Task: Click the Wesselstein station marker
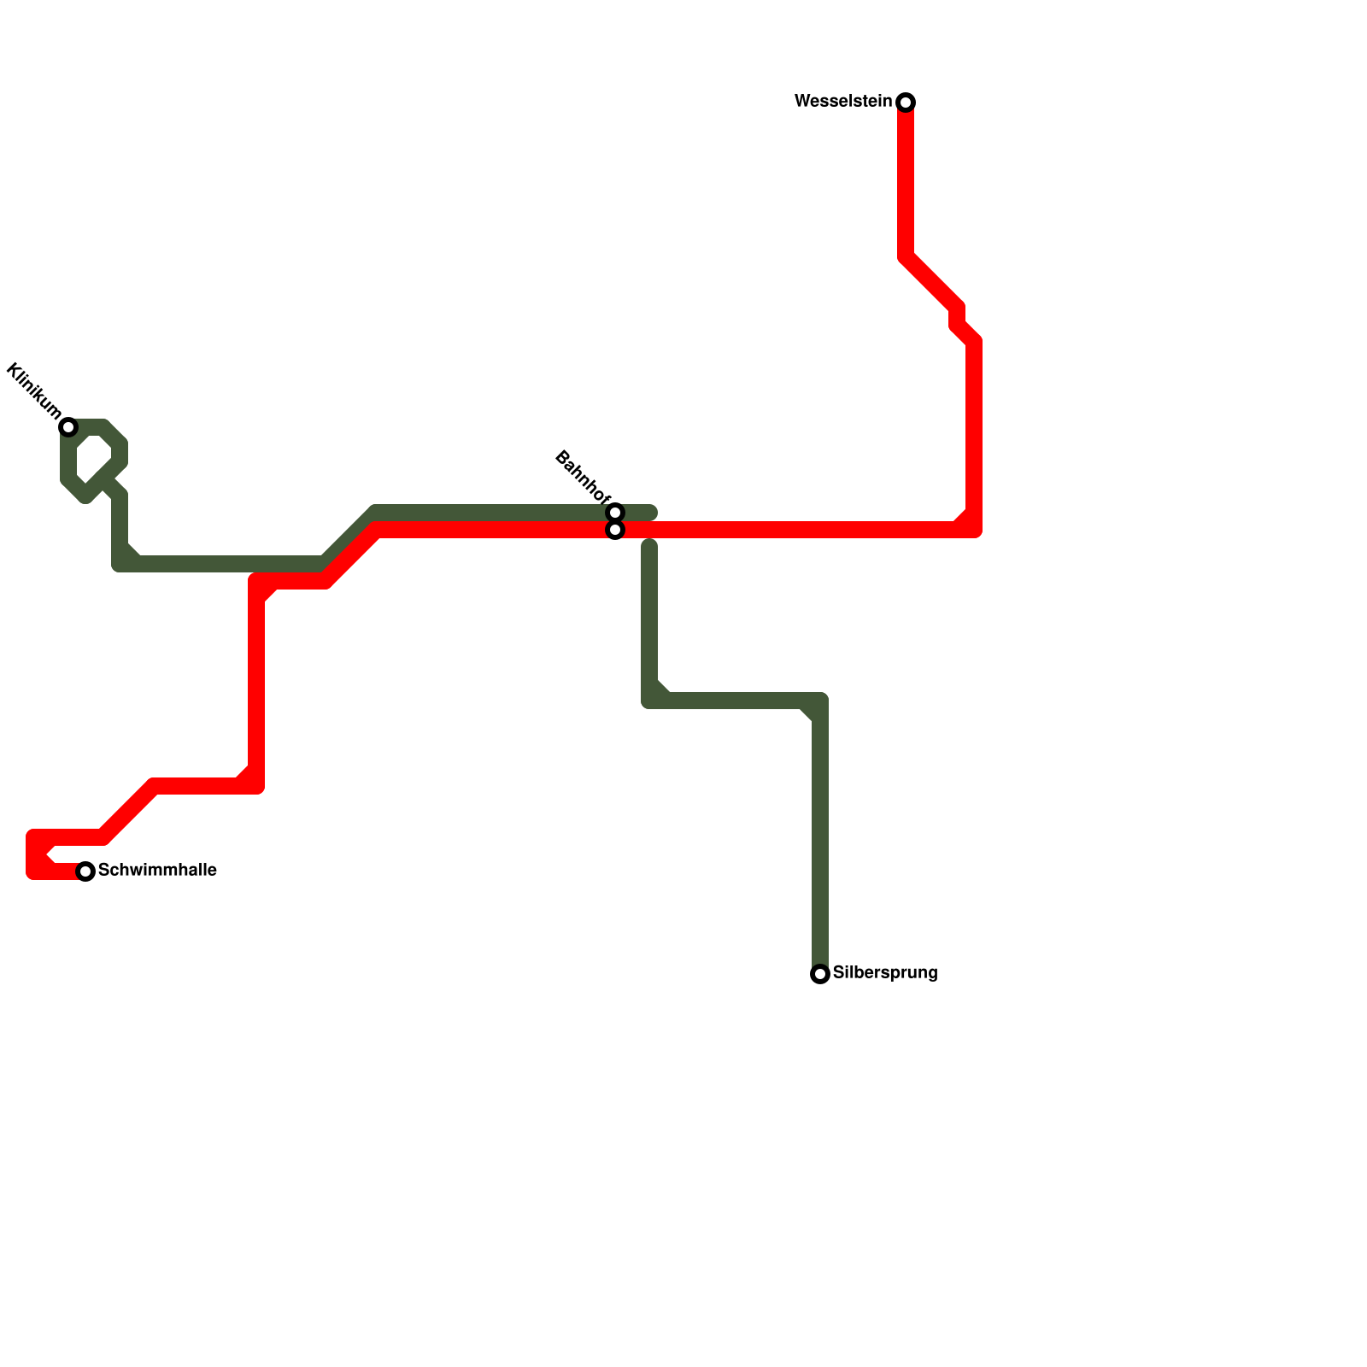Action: click(x=906, y=103)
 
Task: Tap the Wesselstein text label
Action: click(x=842, y=102)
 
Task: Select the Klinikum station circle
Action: click(x=68, y=427)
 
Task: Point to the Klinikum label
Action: click(x=33, y=391)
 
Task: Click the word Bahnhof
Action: click(x=583, y=477)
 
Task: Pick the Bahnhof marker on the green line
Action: click(x=615, y=513)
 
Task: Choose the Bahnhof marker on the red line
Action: click(x=615, y=531)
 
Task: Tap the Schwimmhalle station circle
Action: click(x=85, y=871)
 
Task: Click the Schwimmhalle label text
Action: click(x=157, y=871)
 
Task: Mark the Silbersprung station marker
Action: click(x=820, y=974)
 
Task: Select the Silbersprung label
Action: click(x=885, y=973)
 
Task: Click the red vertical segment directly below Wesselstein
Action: click(x=906, y=179)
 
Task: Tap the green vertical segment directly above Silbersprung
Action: click(x=820, y=837)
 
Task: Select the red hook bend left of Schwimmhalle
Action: click(x=36, y=854)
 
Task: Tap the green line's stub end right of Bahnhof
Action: click(x=651, y=513)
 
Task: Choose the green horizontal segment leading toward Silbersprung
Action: click(x=735, y=701)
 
